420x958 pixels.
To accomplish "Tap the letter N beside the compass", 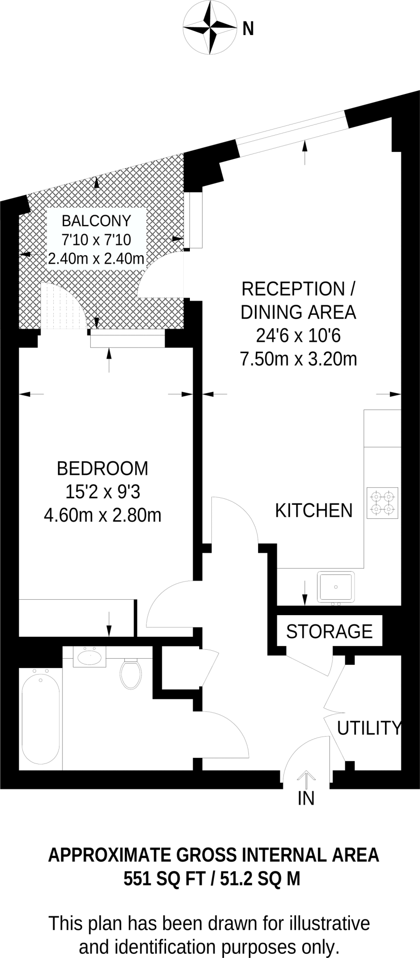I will tap(248, 29).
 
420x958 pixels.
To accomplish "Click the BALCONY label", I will tap(96, 221).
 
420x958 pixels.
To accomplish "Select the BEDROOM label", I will tap(102, 468).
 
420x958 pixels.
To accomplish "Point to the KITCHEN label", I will tap(313, 510).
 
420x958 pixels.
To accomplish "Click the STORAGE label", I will tap(329, 631).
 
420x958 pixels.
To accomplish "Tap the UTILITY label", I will tap(369, 728).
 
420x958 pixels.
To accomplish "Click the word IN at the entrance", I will tap(306, 799).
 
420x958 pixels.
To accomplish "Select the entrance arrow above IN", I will tap(306, 777).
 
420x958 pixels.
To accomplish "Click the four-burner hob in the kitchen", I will tap(383, 503).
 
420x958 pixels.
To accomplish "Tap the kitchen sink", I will tap(336, 587).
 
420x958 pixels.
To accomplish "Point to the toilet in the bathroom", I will tap(131, 674).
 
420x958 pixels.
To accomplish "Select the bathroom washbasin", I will tap(90, 657).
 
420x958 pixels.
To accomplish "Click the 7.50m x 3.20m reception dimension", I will tap(298, 359).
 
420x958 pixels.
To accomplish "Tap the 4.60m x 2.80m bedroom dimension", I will tap(102, 515).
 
